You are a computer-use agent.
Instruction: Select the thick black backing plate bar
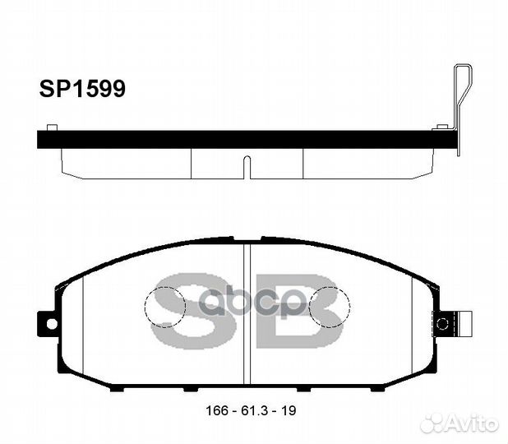tap(247, 139)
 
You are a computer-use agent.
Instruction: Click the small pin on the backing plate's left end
tap(52, 127)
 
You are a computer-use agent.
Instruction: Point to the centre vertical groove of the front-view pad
tap(247, 312)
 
